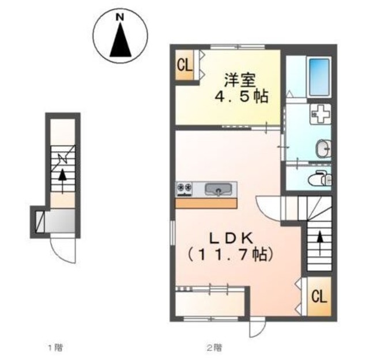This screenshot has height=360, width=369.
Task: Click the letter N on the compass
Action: click(x=121, y=18)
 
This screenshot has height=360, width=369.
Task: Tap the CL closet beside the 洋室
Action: click(x=184, y=65)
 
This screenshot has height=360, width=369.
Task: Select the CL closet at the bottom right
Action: click(x=319, y=297)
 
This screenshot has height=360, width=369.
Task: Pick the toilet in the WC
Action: click(x=318, y=178)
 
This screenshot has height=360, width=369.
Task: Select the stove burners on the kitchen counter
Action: click(x=185, y=188)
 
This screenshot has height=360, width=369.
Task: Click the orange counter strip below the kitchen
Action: click(x=206, y=203)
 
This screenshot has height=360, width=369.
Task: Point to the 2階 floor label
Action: click(x=214, y=347)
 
